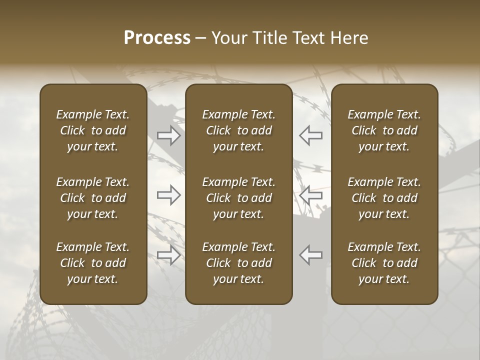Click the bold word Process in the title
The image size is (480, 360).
click(x=157, y=38)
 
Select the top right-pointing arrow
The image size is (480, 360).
click(x=169, y=135)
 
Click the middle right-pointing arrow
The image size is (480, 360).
click(x=169, y=195)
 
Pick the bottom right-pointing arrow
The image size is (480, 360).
click(x=169, y=255)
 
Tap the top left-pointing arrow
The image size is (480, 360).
click(x=310, y=135)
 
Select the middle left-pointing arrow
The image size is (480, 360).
click(x=310, y=195)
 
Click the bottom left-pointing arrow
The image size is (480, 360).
click(x=310, y=255)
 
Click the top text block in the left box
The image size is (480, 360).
click(x=93, y=130)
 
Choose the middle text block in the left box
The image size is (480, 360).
click(x=93, y=198)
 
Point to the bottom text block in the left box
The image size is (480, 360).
click(x=93, y=263)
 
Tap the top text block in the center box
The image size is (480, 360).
click(x=238, y=130)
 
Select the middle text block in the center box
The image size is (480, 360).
click(x=238, y=198)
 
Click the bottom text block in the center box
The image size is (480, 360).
click(x=238, y=263)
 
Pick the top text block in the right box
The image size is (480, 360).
click(x=384, y=130)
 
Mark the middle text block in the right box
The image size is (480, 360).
click(x=384, y=198)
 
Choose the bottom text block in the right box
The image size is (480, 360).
click(x=384, y=263)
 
